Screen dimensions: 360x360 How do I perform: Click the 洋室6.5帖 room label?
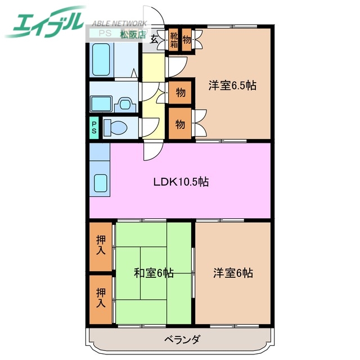232,85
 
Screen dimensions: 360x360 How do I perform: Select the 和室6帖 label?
154,273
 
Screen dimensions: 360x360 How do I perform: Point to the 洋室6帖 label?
232,273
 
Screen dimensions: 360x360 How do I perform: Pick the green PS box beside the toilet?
94,128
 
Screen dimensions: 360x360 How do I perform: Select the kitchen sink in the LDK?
100,183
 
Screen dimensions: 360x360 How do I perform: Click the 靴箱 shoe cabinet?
175,39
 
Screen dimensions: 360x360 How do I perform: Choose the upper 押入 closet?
101,246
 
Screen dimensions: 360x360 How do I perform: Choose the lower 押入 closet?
101,298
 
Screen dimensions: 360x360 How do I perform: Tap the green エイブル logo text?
48,22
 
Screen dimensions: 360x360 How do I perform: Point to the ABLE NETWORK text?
119,24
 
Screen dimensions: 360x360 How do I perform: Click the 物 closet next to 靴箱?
187,39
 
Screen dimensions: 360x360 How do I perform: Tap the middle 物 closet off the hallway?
180,92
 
